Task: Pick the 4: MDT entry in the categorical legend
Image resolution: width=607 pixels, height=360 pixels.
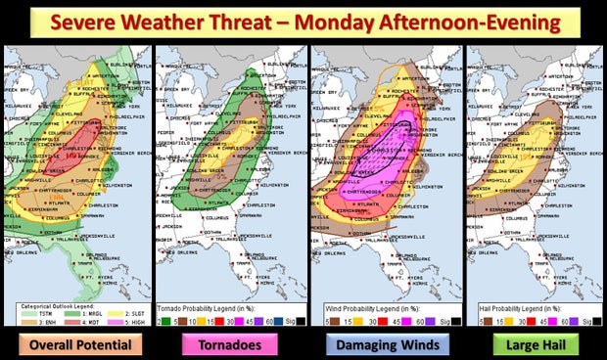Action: click(x=73, y=292)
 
